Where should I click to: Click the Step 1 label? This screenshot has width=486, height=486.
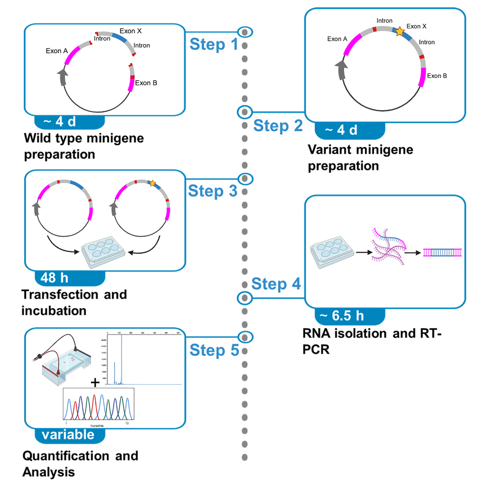tap(213, 45)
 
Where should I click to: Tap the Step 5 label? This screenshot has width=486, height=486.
tap(213, 350)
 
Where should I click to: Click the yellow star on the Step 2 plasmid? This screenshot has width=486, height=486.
tap(399, 32)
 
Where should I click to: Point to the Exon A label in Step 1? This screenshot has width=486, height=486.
tap(57, 50)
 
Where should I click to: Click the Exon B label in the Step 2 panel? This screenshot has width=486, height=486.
tap(437, 76)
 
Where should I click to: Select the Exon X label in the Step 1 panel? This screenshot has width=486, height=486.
tap(132, 31)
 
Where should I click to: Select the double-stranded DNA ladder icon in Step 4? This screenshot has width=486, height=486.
tap(443, 252)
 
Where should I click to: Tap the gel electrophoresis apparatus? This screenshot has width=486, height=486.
tap(63, 364)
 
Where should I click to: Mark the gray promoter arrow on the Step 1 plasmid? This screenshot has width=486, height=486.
tap(62, 77)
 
